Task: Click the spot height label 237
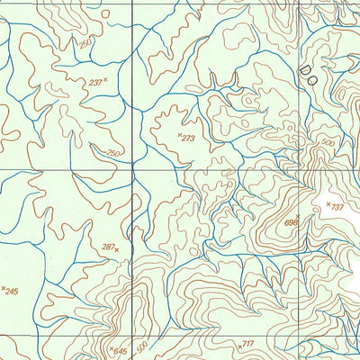[94, 83]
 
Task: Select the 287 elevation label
[108, 246]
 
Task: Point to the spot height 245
[12, 291]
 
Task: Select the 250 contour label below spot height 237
[113, 153]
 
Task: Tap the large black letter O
[315, 79]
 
